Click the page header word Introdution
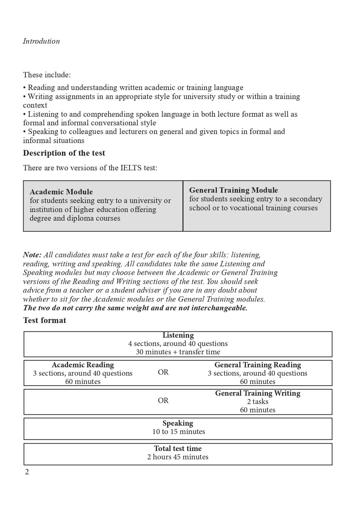[41, 41]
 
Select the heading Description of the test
[64, 153]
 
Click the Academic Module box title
[61, 192]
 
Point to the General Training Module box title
[233, 190]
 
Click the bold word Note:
[32, 255]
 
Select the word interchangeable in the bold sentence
[219, 308]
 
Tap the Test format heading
[45, 320]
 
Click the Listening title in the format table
[178, 335]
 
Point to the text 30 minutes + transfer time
[178, 352]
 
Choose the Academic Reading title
[83, 365]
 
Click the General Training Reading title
[257, 365]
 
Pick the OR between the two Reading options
[163, 372]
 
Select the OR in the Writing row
[163, 401]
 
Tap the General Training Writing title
[257, 393]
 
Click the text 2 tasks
[257, 402]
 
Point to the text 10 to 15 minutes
[179, 432]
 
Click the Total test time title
[178, 449]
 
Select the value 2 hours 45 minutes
[178, 457]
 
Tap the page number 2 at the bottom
[27, 472]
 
